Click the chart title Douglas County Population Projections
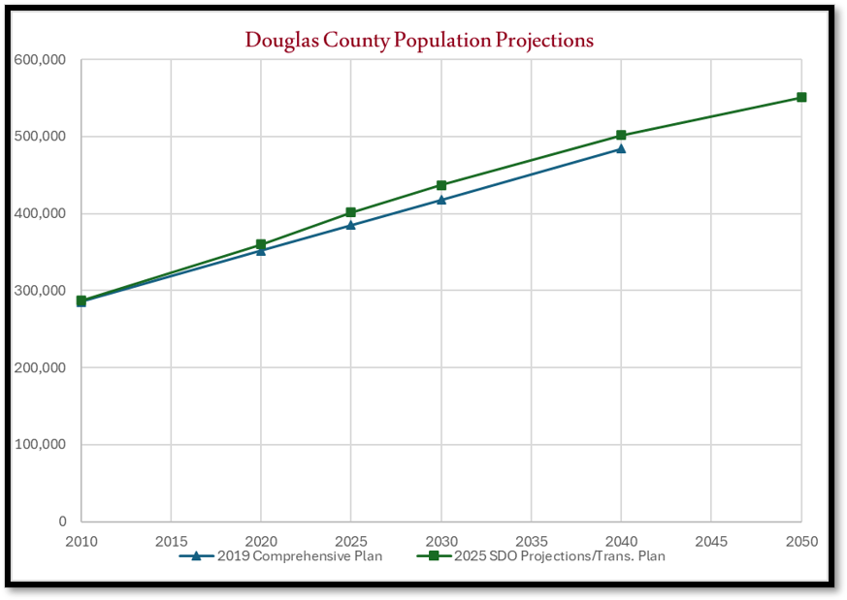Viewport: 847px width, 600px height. point(419,41)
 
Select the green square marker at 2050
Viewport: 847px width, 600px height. point(801,97)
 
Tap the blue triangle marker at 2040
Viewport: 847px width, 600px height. point(621,148)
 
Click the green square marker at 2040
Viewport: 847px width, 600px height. point(621,136)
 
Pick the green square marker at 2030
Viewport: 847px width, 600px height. point(441,185)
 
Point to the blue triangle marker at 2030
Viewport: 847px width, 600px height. point(441,200)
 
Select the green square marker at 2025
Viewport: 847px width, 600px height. point(351,212)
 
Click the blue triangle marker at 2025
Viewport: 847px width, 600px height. point(351,225)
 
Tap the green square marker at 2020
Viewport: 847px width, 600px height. point(261,244)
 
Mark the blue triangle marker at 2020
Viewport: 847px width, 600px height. point(261,251)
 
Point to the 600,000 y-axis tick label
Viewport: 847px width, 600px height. point(40,60)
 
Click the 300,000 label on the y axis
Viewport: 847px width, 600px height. point(40,291)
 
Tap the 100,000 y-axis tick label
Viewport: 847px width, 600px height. point(40,445)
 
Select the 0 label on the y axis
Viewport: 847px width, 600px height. point(61,521)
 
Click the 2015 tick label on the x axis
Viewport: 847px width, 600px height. point(171,540)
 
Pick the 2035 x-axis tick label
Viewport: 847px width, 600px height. point(531,540)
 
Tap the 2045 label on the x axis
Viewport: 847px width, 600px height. point(711,540)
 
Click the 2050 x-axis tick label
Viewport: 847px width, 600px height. point(801,540)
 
